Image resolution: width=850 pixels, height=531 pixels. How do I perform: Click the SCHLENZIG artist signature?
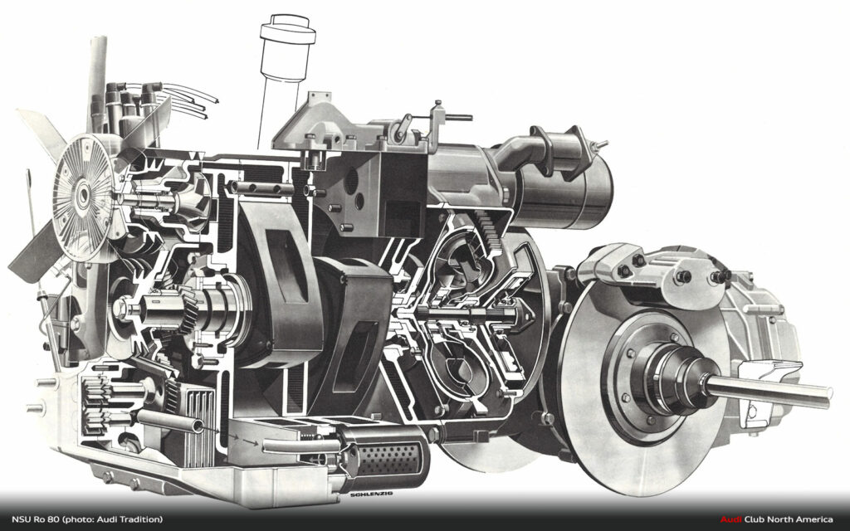371,494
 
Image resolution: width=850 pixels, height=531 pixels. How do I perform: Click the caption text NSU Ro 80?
36,519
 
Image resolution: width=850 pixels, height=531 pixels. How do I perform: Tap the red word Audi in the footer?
730,519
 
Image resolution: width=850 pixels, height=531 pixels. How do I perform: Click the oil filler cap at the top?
287,30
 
